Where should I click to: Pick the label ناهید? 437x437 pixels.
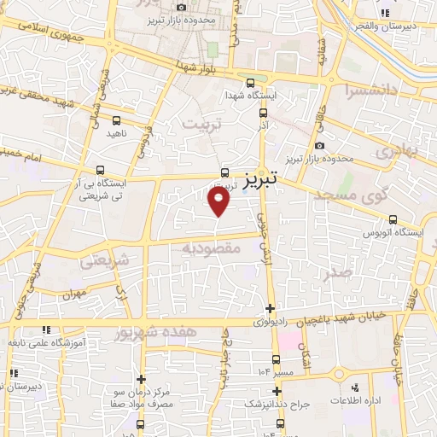115,134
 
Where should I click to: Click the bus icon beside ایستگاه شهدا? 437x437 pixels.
250,84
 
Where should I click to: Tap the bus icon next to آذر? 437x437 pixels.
263,112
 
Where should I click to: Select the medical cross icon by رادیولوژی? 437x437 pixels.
271,309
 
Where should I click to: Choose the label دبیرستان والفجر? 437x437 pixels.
410,26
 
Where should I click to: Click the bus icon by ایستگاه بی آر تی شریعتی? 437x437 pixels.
102,170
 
